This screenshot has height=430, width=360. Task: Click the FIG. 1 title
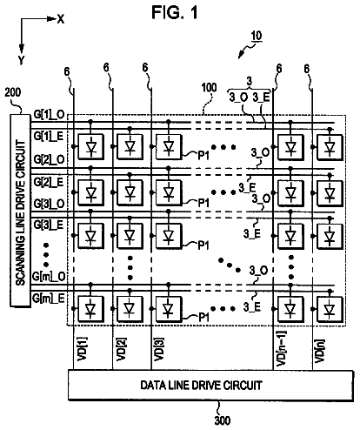tap(175, 12)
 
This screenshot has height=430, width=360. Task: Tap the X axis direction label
tap(61, 19)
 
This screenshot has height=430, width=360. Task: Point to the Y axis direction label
tap(22, 60)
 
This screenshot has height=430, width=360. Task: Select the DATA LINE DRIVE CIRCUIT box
tap(210, 385)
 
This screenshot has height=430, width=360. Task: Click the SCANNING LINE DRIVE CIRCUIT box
tap(20, 210)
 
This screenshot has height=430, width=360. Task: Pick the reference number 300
tap(223, 420)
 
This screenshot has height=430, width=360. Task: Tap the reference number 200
tap(13, 92)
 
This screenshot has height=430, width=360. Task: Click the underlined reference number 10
tap(257, 37)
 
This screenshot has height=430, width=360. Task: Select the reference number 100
tap(210, 88)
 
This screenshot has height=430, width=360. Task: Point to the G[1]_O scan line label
tap(49, 115)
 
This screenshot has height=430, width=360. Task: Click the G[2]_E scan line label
tap(49, 182)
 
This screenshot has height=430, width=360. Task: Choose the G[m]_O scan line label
tap(49, 277)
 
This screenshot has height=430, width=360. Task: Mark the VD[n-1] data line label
tap(281, 348)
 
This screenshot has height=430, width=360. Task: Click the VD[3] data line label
tap(159, 349)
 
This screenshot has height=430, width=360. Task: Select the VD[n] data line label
tap(320, 351)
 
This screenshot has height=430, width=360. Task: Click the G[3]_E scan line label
tap(49, 225)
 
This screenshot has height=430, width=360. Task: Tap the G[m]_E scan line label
tap(49, 299)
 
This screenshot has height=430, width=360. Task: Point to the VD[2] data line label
tap(121, 349)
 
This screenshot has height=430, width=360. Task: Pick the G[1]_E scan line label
tap(49, 136)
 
